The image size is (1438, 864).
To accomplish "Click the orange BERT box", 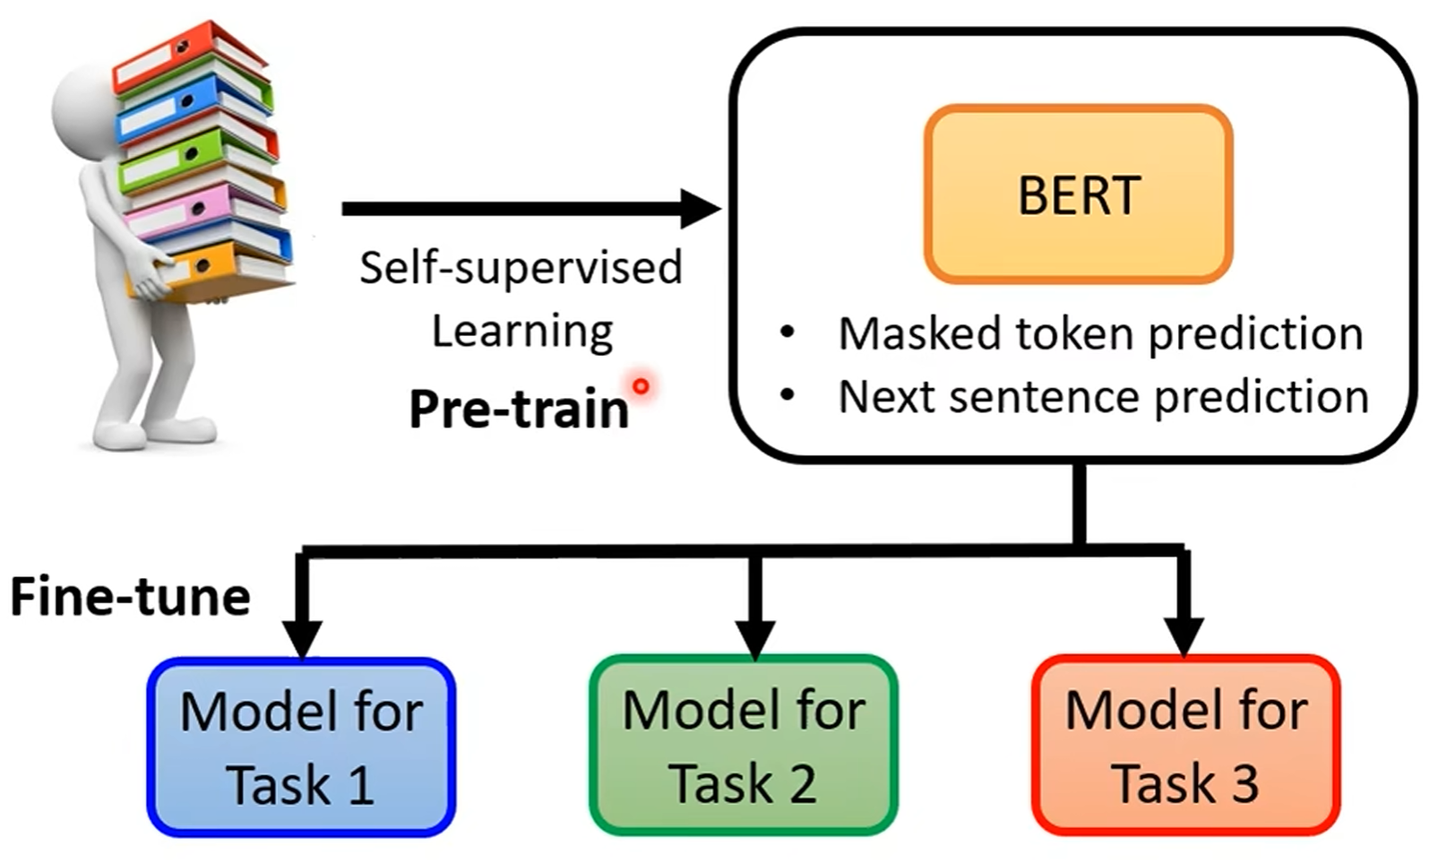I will click(1078, 194).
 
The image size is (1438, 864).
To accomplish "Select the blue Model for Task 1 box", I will click(301, 747).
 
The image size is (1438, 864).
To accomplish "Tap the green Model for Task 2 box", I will click(743, 746).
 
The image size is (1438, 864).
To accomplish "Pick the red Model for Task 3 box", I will click(1185, 746).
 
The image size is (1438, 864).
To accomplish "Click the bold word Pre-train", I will click(519, 410).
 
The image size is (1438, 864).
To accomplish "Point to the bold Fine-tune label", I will click(130, 597).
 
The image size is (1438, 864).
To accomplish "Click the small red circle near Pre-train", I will click(641, 386).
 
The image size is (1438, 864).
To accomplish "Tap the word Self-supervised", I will click(521, 268).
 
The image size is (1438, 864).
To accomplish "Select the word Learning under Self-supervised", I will click(522, 332).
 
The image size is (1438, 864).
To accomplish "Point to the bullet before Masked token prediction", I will click(788, 333).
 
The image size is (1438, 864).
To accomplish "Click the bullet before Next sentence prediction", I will click(788, 394).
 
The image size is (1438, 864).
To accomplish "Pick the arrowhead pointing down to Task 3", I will click(1184, 635).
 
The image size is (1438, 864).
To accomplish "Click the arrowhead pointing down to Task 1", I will click(302, 636).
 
